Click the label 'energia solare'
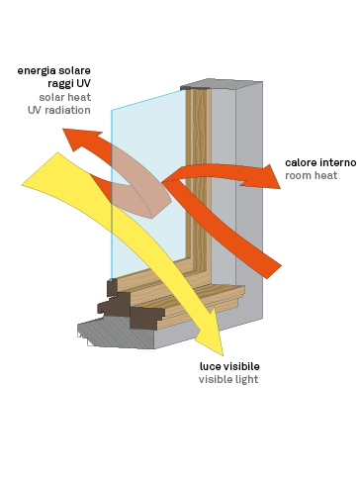(x=54, y=71)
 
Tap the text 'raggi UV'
(x=69, y=84)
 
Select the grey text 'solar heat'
(x=65, y=97)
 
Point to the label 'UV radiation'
(x=59, y=110)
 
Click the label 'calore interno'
(x=320, y=162)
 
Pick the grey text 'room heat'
(x=312, y=175)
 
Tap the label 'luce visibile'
(x=229, y=366)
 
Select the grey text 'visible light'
(x=228, y=380)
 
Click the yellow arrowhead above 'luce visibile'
(x=211, y=336)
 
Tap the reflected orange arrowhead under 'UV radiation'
(x=81, y=139)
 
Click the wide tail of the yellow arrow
(x=49, y=175)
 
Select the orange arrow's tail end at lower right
(x=272, y=269)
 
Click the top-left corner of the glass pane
(x=112, y=110)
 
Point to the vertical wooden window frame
(x=198, y=178)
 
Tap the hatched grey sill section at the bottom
(x=116, y=334)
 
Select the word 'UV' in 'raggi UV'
(x=83, y=83)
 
